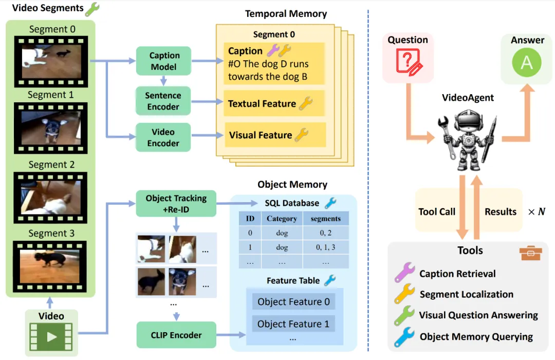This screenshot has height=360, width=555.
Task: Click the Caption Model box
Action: click(x=163, y=61)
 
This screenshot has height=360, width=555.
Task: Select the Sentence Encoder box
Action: click(x=163, y=101)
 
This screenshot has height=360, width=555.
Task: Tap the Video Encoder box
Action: click(x=163, y=137)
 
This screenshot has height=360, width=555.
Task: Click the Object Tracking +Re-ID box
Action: click(x=176, y=204)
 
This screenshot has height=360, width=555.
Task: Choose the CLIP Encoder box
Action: click(x=176, y=335)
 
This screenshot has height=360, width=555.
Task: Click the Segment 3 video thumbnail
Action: click(x=50, y=263)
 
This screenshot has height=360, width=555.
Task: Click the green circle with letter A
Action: click(x=527, y=62)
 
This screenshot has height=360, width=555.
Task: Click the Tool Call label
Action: click(x=437, y=211)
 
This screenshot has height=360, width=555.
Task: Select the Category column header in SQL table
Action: click(x=282, y=219)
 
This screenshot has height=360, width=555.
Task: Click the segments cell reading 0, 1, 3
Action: click(x=325, y=247)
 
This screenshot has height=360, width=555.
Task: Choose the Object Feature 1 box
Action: click(x=293, y=324)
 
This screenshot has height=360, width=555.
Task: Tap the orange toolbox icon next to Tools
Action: click(x=529, y=253)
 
